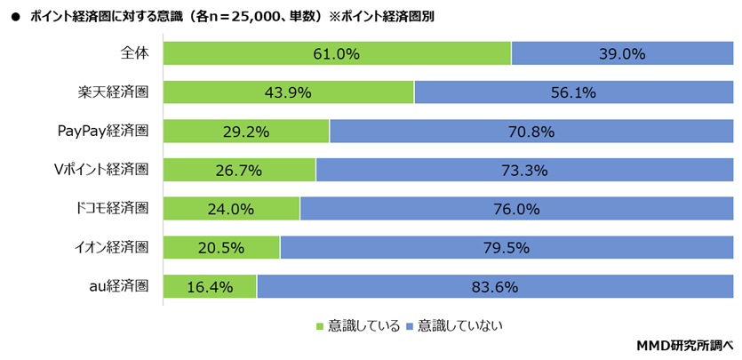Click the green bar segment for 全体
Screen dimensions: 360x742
[337, 53]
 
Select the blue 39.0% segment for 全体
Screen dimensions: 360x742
[622, 53]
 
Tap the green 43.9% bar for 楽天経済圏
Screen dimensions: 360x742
[289, 92]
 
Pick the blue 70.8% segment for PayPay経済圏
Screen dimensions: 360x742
[531, 132]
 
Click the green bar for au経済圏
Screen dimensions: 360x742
[211, 286]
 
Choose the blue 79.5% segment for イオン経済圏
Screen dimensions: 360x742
[507, 248]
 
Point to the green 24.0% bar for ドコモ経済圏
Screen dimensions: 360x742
[232, 209]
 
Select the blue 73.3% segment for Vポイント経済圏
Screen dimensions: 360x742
[524, 170]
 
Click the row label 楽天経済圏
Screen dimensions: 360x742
[113, 92]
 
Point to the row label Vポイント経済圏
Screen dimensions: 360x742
[100, 169]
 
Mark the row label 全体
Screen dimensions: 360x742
[134, 52]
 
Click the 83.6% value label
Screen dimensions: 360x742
[495, 287]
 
